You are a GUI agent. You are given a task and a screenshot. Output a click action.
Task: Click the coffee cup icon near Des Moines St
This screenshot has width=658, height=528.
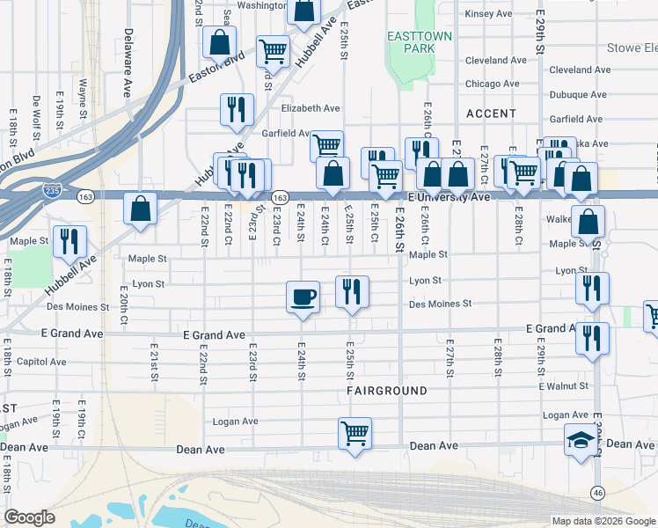[303, 295]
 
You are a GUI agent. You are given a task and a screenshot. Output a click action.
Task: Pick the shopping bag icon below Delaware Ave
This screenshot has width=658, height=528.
[140, 209]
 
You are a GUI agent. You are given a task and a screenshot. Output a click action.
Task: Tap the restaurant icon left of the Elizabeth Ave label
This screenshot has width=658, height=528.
[236, 108]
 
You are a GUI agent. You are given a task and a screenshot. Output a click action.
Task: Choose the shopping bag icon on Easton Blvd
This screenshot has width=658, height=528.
[219, 41]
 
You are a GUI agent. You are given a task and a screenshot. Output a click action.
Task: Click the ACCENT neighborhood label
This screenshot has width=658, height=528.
[492, 114]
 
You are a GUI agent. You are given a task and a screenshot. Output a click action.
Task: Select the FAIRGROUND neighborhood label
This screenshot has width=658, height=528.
[386, 390]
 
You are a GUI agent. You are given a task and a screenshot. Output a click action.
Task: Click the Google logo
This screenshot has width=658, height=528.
[30, 517]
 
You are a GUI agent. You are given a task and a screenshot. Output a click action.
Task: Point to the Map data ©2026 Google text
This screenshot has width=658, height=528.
[603, 521]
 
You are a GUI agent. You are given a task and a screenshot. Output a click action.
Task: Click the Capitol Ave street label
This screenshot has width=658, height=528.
[41, 362]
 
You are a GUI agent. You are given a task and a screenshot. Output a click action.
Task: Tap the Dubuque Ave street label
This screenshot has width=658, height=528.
[577, 94]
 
